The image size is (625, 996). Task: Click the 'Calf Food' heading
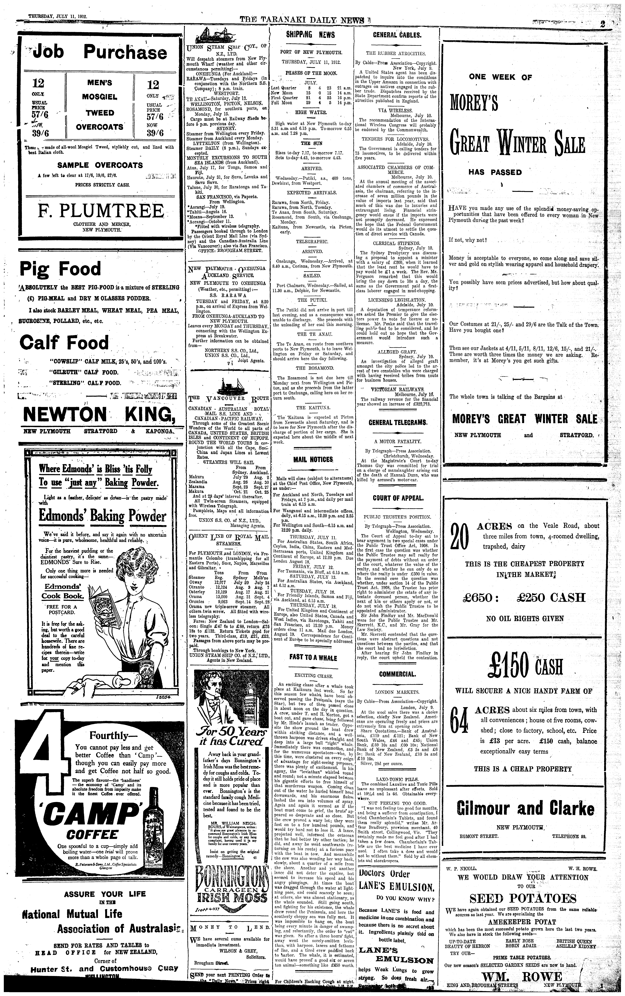64,343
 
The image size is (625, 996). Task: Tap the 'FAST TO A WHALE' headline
313,658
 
